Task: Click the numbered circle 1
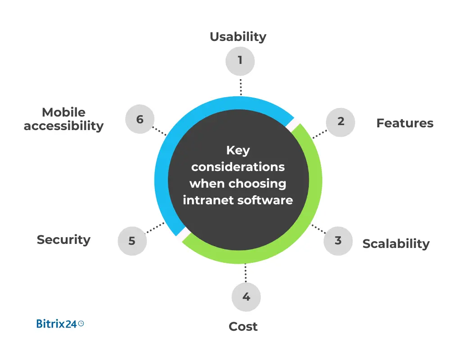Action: (240, 60)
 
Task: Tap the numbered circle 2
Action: (340, 121)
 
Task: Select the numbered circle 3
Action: (338, 241)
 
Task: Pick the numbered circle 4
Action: (246, 297)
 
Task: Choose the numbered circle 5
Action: (132, 241)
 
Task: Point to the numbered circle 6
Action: (140, 120)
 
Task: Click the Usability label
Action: (238, 37)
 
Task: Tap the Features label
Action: (405, 123)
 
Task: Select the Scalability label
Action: (396, 244)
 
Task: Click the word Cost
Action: (243, 326)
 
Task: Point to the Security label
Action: (63, 240)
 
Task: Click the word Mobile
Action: (63, 112)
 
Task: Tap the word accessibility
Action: (63, 126)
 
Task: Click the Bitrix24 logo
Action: (60, 323)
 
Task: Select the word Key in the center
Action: (238, 150)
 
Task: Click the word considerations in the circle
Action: (238, 166)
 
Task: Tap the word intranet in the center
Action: (205, 200)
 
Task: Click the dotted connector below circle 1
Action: (240, 86)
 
